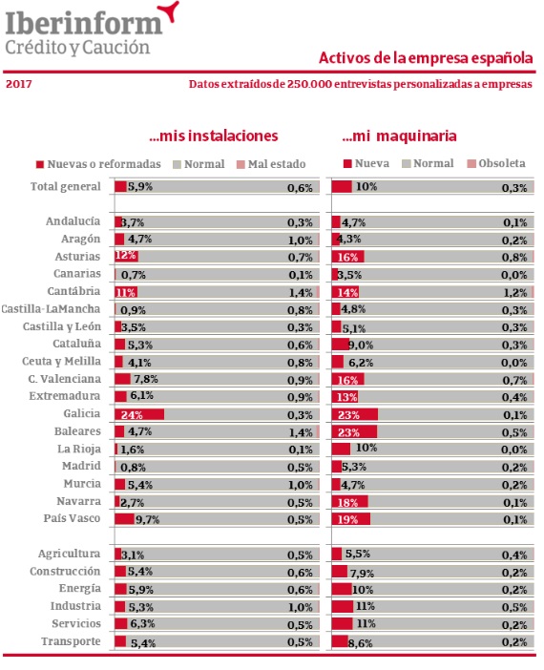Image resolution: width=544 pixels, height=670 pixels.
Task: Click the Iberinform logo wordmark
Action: [84, 24]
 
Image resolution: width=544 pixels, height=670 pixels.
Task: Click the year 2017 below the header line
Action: [19, 84]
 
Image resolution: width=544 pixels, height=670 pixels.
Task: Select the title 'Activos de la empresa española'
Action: [426, 58]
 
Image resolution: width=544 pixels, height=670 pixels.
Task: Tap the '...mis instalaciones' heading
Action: [214, 136]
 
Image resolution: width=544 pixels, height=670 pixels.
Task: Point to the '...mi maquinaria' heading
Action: [399, 136]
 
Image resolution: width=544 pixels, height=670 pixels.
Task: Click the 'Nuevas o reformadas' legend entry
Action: [98, 164]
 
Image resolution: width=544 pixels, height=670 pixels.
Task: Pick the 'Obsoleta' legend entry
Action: [496, 163]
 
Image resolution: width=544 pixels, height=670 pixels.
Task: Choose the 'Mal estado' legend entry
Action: [271, 164]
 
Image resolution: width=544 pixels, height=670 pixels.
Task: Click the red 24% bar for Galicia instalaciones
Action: [139, 414]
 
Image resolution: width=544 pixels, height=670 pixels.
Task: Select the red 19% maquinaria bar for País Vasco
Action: [351, 519]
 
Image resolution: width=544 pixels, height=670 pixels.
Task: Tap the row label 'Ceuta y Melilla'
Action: [61, 362]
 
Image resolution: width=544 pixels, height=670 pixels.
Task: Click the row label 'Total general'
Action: [66, 187]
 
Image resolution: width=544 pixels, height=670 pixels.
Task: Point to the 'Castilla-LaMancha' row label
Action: [51, 309]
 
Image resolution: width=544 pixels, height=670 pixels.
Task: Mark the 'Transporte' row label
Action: [71, 641]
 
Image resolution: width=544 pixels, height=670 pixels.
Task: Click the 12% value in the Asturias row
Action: [126, 256]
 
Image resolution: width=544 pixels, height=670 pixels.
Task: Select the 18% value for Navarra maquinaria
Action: [347, 502]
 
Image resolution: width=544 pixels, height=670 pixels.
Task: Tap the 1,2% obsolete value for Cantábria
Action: [514, 293]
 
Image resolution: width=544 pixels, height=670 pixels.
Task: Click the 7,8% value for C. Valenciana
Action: [146, 379]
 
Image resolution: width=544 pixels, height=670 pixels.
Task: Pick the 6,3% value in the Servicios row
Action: [142, 624]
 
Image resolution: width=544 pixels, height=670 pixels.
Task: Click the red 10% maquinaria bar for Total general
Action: [342, 187]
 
